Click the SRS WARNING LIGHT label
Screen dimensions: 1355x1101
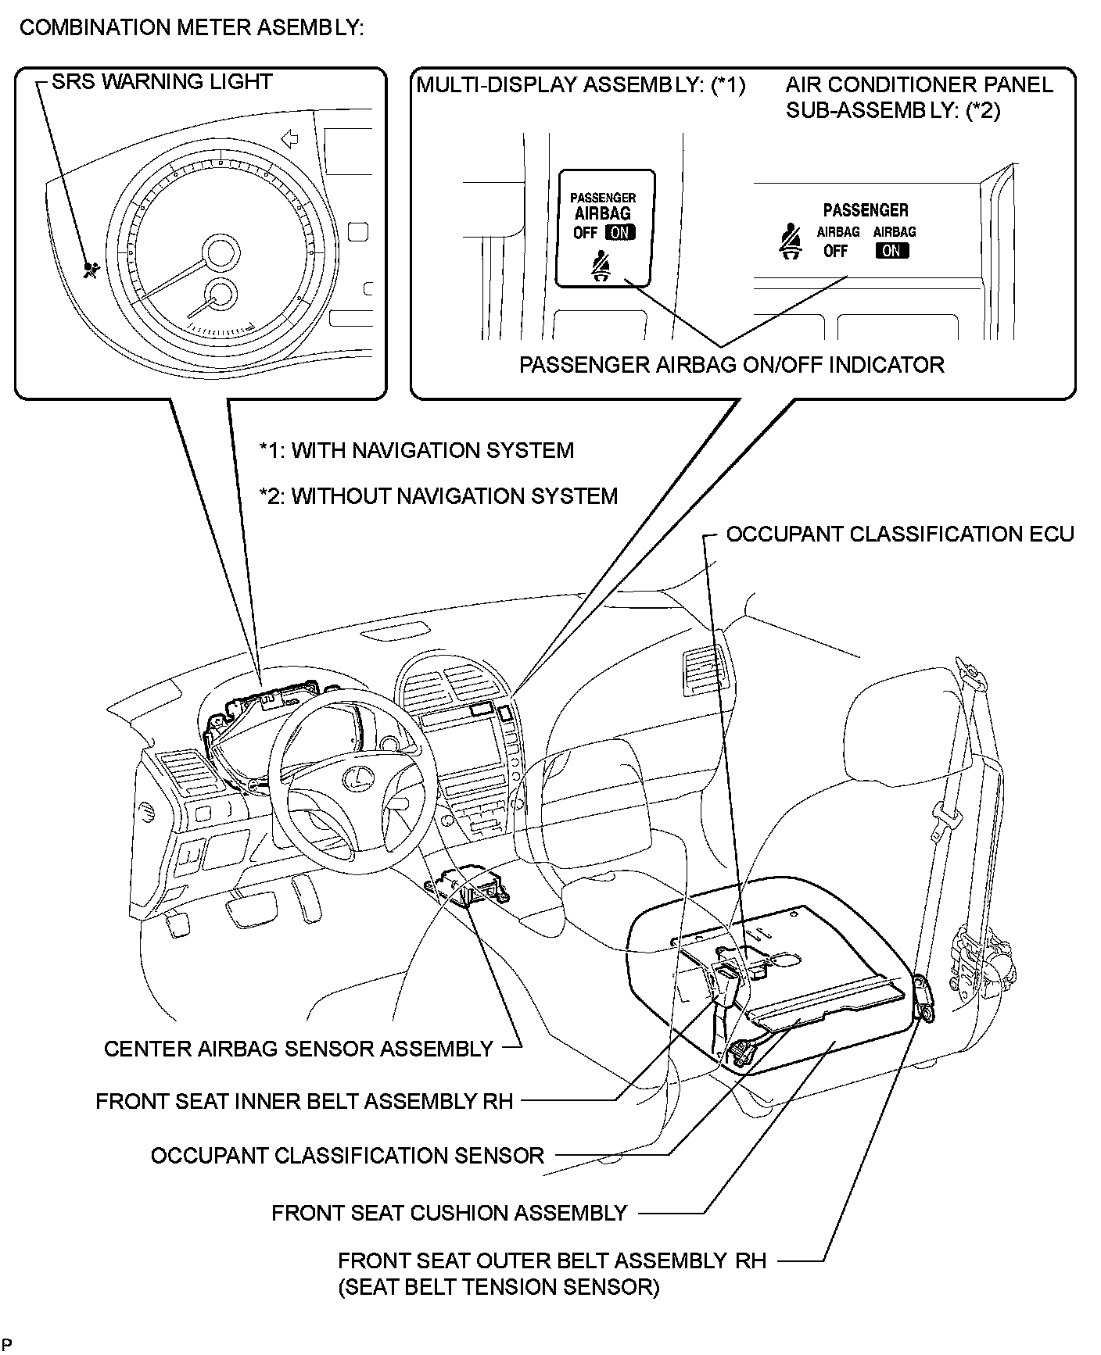point(162,82)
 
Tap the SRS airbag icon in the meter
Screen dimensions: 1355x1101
point(91,270)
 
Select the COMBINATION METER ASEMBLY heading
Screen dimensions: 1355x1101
point(192,28)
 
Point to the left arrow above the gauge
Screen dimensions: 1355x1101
point(289,140)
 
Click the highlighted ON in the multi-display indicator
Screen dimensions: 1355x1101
point(620,232)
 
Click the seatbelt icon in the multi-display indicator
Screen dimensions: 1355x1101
point(601,266)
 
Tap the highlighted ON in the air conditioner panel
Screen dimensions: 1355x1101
point(892,251)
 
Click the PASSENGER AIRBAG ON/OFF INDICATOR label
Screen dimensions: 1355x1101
point(732,365)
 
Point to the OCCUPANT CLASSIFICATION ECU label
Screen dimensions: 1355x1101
point(900,534)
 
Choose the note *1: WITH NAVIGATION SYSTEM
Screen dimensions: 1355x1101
point(417,451)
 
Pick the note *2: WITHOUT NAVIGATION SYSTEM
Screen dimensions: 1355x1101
point(439,496)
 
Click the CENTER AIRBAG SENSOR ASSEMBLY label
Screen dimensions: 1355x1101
point(299,1049)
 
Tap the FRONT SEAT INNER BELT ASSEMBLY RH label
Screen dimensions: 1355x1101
point(304,1101)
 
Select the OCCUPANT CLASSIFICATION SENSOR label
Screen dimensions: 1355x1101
point(347,1156)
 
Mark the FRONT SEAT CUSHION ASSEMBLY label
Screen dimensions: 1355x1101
point(449,1213)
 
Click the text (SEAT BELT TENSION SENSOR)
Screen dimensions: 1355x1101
point(499,1287)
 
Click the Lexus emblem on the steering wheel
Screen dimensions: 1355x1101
point(357,778)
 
